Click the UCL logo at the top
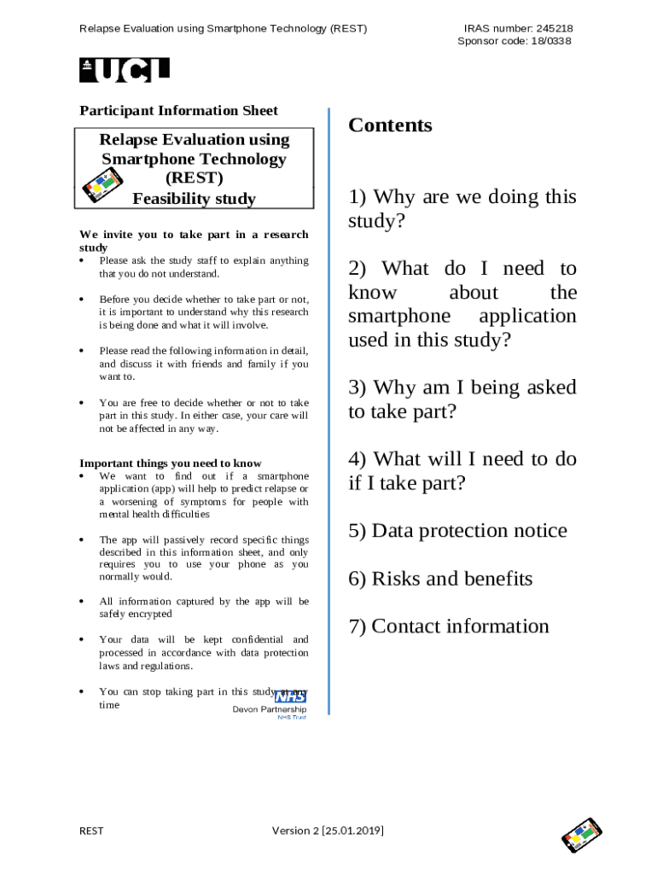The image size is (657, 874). (x=125, y=70)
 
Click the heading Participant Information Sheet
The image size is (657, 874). (x=178, y=110)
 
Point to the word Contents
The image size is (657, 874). (x=390, y=125)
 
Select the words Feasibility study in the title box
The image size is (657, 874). (x=194, y=199)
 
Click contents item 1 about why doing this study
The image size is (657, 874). (x=462, y=209)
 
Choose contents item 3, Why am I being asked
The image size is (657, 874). (x=462, y=399)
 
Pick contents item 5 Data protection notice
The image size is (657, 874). (x=457, y=531)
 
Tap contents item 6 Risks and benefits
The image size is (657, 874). (x=440, y=579)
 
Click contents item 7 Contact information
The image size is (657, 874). (x=449, y=626)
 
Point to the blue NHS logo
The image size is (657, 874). (x=290, y=696)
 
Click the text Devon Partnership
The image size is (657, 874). (x=270, y=710)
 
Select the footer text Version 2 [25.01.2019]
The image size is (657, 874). (x=327, y=830)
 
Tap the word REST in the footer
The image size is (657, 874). (x=91, y=830)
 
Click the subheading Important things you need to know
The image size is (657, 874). (x=171, y=463)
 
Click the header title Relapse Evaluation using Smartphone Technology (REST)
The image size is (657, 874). (x=223, y=28)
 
